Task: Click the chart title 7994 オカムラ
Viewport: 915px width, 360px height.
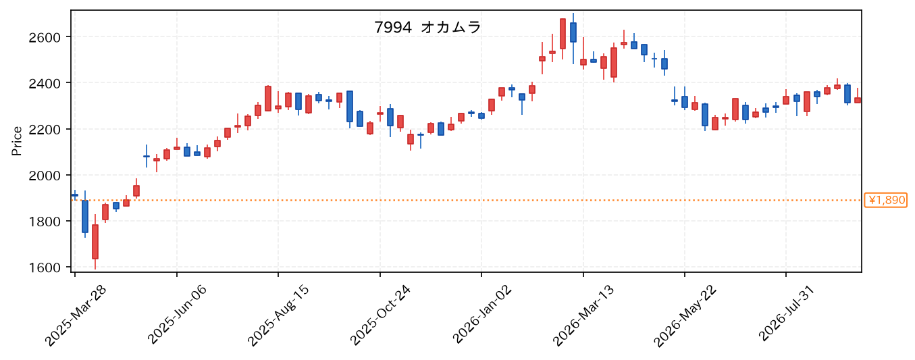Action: click(427, 28)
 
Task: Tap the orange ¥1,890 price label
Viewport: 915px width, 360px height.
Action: click(885, 200)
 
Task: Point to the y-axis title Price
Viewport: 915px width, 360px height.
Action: click(16, 141)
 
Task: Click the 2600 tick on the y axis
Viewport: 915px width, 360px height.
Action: click(44, 38)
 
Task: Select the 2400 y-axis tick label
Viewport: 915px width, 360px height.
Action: click(44, 84)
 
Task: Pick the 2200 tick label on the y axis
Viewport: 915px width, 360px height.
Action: click(44, 130)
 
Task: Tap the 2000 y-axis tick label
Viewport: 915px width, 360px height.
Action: click(44, 176)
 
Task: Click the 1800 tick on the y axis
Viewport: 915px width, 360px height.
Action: click(44, 222)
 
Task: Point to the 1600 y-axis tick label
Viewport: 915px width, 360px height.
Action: click(44, 267)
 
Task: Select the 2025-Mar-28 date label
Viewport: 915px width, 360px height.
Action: click(75, 315)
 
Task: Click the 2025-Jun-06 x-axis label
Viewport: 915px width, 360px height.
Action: click(177, 315)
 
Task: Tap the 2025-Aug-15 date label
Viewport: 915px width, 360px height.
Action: click(278, 315)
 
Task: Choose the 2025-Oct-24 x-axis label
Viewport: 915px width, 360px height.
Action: click(380, 315)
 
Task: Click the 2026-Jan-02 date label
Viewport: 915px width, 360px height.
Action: click(481, 315)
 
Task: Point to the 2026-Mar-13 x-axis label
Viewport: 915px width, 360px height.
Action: click(583, 315)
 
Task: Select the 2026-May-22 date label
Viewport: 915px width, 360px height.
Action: click(685, 315)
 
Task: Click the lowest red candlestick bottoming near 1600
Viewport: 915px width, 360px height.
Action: click(95, 242)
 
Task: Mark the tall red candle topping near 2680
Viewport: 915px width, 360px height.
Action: click(563, 34)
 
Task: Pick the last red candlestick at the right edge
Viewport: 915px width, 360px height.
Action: click(858, 100)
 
